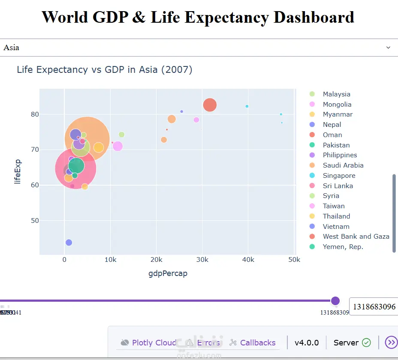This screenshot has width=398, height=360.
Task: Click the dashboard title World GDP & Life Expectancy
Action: coord(198,17)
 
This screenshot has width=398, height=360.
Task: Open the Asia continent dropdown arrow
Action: coord(388,48)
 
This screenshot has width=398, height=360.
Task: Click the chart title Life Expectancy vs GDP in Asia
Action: coord(104,69)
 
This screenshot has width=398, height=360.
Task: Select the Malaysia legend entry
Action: coord(336,94)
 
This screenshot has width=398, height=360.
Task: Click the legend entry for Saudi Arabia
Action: coord(343,165)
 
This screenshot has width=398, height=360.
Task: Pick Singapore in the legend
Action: coord(339,175)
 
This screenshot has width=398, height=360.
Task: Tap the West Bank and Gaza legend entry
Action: coord(356,237)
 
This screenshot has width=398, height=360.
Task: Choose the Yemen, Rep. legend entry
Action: coord(343,247)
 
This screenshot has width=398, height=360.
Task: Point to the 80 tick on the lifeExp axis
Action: coord(34,114)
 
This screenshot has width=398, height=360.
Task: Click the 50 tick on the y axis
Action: coord(34,221)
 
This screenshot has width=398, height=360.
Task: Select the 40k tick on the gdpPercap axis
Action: coord(248,260)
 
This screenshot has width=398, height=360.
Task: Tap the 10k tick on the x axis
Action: coord(111,260)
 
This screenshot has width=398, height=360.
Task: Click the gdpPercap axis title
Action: coord(168,273)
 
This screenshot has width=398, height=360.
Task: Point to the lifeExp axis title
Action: coord(18,171)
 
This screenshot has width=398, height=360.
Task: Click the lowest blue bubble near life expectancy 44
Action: coord(69,243)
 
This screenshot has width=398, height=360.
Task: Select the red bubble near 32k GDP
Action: coord(209,105)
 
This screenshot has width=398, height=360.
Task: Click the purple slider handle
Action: coord(335,301)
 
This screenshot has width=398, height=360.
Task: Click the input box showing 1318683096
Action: coord(373,307)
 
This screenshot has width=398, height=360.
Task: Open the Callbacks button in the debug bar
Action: coord(257,342)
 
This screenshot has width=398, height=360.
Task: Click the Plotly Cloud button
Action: coord(154,342)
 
